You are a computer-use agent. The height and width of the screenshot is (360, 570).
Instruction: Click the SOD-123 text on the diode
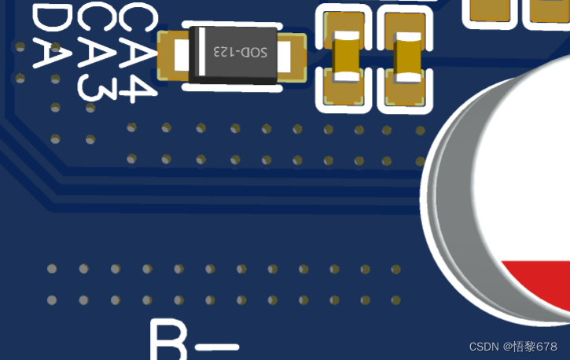point(241,53)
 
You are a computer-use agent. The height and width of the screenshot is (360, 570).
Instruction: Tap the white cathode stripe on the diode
point(201,53)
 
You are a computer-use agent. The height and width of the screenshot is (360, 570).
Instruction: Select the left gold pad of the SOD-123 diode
point(171,55)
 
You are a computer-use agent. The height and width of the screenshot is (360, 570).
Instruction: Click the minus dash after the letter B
point(219,347)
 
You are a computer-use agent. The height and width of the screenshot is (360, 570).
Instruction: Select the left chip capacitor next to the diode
point(344,58)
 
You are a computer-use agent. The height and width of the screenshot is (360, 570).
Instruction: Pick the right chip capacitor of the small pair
point(407,59)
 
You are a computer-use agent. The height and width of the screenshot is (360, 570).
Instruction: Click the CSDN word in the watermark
point(484,347)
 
